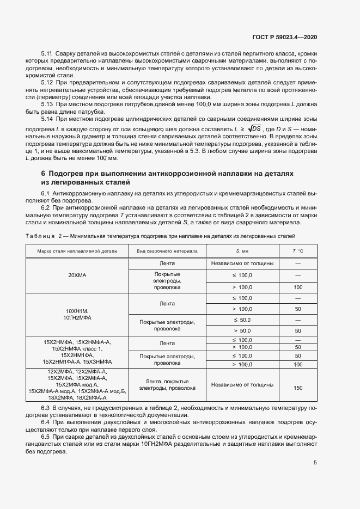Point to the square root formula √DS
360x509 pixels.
(254, 128)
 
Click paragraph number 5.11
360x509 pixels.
(47, 54)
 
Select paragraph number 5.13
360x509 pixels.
(47, 103)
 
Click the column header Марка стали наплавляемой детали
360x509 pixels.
(77, 251)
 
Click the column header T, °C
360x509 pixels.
(298, 251)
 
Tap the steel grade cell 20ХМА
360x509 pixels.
(77, 275)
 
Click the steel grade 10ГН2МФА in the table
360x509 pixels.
(77, 317)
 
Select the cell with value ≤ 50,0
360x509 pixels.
(242, 320)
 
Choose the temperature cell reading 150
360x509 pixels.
(298, 388)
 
